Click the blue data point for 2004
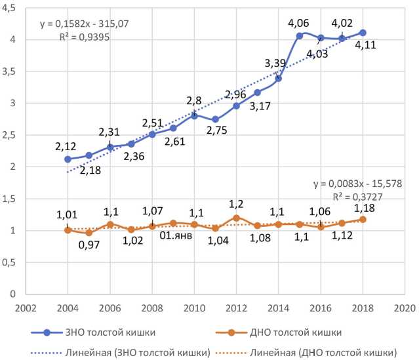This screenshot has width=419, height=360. [68, 159]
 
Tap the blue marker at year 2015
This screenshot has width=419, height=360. [300, 36]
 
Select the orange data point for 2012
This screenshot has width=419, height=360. [237, 218]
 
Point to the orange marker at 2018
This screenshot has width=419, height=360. [363, 219]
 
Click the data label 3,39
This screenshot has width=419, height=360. [276, 64]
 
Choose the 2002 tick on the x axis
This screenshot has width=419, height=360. [26, 306]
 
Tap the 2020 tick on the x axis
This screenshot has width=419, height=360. [405, 306]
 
